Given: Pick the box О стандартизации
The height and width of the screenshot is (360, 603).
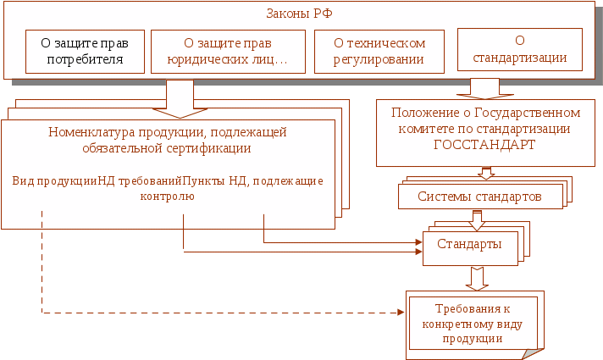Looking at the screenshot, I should pos(518,50).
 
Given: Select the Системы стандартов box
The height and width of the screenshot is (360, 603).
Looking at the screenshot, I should pos(479,197).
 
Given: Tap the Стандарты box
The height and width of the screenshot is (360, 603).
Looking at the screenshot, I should pos(469,244).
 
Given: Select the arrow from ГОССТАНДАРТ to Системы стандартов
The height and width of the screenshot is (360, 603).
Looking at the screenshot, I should pos(486,173).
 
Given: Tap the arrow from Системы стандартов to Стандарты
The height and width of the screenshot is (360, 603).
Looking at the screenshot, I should pos(478,219).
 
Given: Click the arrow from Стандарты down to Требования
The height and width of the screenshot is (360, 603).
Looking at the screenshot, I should pos(478,278).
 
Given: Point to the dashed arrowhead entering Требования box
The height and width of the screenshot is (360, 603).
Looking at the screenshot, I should pos(401,313).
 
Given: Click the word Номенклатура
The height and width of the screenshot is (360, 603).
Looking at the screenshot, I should pos(86,132).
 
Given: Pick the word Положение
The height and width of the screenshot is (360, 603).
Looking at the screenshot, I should pos(425,113).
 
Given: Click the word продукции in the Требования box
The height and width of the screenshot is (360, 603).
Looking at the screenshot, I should pos(473,338).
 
